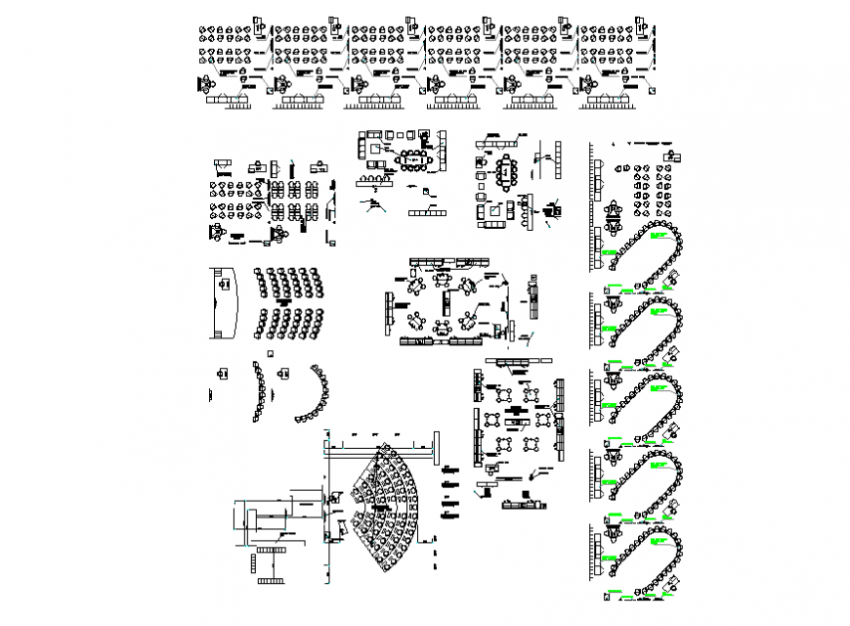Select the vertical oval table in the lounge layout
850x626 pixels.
click(x=506, y=172)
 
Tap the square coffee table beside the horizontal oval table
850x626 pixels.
click(x=375, y=150)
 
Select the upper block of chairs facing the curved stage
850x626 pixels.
click(x=289, y=283)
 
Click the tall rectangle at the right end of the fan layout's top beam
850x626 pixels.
click(x=429, y=452)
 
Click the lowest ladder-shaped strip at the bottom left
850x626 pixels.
click(x=267, y=584)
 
